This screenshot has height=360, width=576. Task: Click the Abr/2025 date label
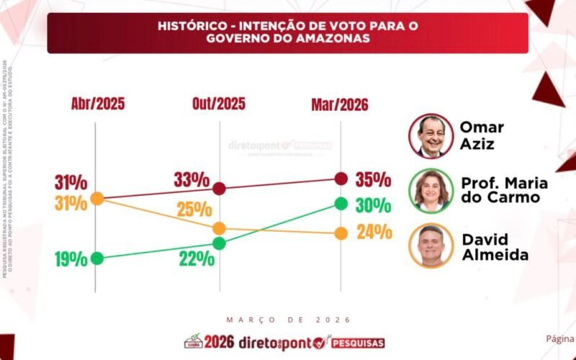(x=98, y=104)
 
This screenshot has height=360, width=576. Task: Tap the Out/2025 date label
(x=219, y=104)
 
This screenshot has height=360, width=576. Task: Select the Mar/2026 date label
(x=340, y=105)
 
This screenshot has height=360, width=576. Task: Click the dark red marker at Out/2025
(x=219, y=189)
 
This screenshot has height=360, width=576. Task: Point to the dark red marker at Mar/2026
(x=341, y=178)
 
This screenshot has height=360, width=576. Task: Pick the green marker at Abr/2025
(x=97, y=258)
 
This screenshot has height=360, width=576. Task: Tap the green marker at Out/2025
(x=219, y=243)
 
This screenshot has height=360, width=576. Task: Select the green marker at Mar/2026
(x=341, y=204)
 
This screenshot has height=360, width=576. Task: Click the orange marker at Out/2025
(x=219, y=228)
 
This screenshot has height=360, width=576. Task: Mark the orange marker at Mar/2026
(x=341, y=233)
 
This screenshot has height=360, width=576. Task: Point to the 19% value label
(x=71, y=259)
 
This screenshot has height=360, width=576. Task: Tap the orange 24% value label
(x=374, y=233)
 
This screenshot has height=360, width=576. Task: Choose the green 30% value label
(x=373, y=205)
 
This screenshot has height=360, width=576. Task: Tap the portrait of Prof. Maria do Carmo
(x=431, y=190)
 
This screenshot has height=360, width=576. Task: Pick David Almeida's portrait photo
(x=431, y=246)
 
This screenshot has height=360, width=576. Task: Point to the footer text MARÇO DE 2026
(x=288, y=320)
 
